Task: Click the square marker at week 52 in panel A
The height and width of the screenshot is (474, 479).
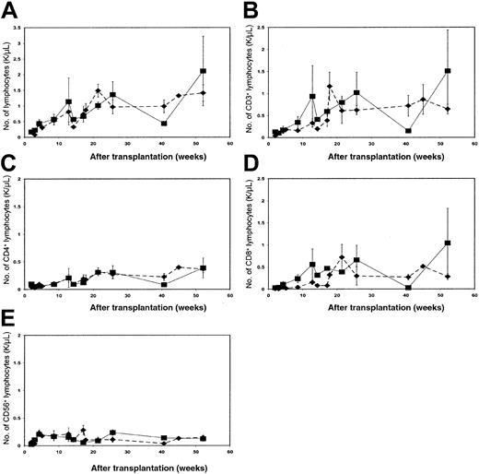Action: [203, 71]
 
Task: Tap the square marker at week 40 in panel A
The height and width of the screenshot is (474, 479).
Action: [163, 123]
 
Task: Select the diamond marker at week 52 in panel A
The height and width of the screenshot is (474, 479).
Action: [203, 93]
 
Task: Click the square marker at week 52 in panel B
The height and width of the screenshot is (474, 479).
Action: [447, 71]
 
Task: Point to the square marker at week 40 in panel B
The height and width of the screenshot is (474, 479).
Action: [407, 131]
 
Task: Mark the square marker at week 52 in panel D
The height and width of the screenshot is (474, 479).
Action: [447, 243]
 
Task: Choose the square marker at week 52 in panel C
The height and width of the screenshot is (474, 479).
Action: [203, 268]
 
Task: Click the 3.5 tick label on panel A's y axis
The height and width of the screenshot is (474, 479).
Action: [19, 29]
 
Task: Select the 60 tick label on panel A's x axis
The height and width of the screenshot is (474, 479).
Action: [229, 143]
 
